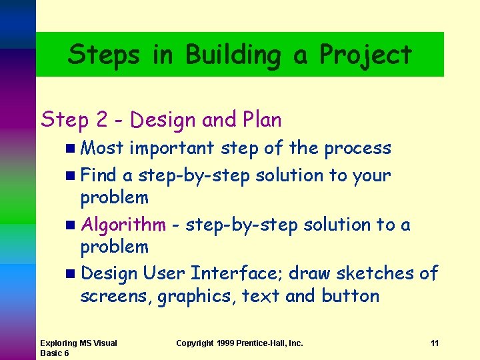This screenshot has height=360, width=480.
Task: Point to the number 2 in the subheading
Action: pos(101,120)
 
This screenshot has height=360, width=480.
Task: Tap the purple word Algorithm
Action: pos(123,225)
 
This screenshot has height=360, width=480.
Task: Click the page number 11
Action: pos(435,343)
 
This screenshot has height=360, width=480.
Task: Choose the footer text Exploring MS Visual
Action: pos(79,343)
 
